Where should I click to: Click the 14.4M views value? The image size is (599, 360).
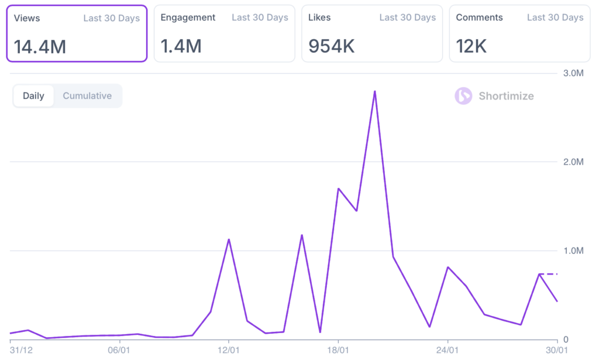coord(40,46)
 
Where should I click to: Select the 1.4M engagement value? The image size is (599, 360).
coord(181,46)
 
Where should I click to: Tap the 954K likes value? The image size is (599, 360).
coord(332,46)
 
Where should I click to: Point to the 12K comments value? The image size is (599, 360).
coord(471,46)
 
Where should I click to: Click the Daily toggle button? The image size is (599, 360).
coord(33,96)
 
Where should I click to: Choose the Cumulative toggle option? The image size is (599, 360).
coord(87,96)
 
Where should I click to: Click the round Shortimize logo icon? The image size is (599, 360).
coord(463,96)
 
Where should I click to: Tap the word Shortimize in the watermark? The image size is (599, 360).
coord(506,96)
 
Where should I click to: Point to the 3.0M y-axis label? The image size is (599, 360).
coord(573,73)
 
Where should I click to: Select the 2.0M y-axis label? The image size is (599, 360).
coord(573,162)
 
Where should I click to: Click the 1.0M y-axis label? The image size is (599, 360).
coord(573,251)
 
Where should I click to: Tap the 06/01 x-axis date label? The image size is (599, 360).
coord(119,350)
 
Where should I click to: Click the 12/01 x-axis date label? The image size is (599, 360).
coord(229,350)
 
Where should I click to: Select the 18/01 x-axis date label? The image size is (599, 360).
coord(338,350)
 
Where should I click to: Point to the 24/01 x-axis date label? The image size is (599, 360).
coord(447,350)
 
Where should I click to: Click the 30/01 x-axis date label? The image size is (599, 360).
coord(556,350)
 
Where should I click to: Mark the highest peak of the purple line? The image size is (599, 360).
coord(374,91)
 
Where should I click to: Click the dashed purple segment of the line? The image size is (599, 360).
coord(548,274)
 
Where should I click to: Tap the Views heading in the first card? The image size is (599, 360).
coord(27,18)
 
